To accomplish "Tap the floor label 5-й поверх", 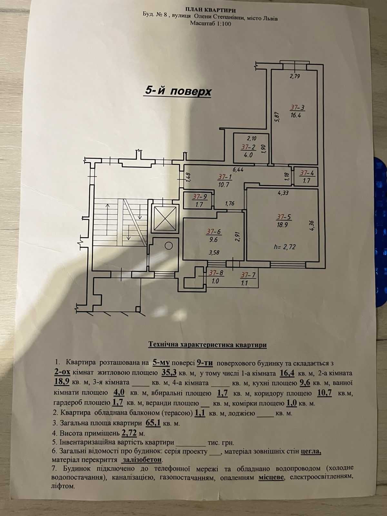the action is coord(178,91).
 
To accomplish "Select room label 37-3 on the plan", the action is coord(297,108).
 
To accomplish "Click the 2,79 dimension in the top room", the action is coord(295,76).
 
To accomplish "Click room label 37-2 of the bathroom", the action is coord(248,147).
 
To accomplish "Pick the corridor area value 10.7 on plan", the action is coord(224,184).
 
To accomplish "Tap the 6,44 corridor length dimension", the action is coord(238,170).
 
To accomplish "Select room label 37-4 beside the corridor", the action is coord(307,173).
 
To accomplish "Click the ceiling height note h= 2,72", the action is coord(284,247).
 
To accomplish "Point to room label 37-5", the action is coord(284,217).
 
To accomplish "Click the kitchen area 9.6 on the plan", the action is coord(213,240).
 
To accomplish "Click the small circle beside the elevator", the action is coord(169,246).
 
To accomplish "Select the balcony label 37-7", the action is coord(248,275).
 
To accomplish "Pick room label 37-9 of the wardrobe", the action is coord(200,196).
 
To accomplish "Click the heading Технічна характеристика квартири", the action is coord(207,345).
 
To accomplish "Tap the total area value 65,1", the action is coord(153,423).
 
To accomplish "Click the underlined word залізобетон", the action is coord(142,459).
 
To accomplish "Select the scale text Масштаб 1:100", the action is coord(211,24).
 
